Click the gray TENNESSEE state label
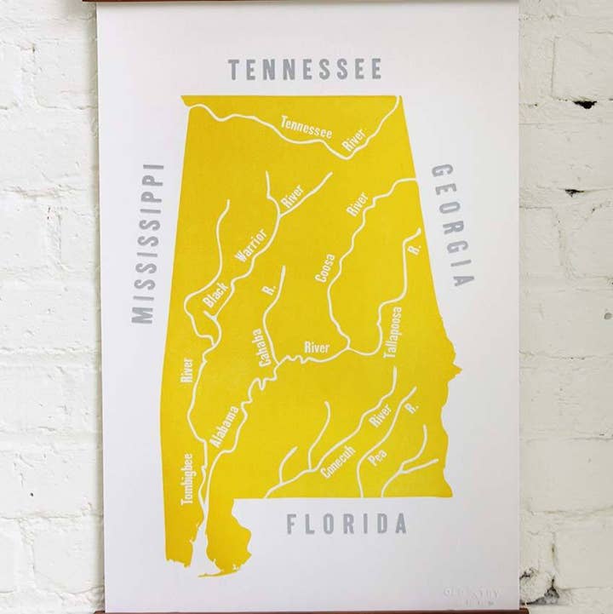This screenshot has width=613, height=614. click(x=303, y=70)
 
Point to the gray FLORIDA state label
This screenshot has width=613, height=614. click(x=346, y=524)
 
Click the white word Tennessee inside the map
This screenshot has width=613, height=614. click(x=306, y=129)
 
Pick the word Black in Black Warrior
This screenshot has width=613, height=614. click(x=212, y=294)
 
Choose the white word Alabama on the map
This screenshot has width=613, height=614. click(x=224, y=427)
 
